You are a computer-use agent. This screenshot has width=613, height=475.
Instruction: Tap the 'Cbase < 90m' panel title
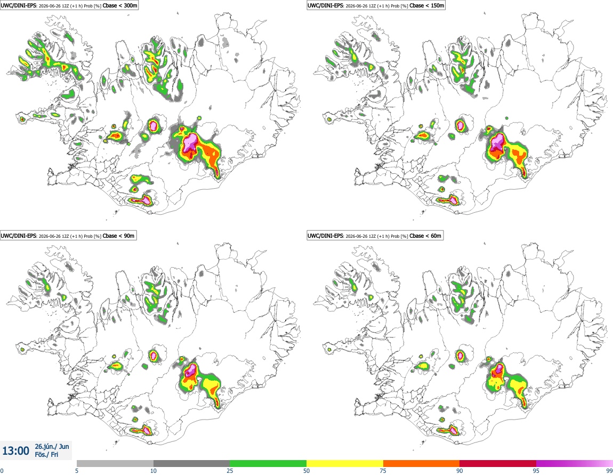tap(118, 236)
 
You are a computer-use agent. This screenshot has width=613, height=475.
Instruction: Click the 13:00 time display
tap(15, 451)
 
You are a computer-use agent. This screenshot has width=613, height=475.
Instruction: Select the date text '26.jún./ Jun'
tap(52, 446)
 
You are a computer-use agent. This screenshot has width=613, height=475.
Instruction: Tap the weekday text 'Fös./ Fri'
tap(46, 455)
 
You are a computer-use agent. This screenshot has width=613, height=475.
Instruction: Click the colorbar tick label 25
tap(230, 471)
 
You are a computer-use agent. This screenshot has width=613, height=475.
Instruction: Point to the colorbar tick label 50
tap(307, 471)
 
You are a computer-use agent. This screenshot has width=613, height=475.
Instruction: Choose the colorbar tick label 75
tap(383, 471)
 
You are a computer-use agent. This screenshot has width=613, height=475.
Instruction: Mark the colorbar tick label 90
tap(459, 471)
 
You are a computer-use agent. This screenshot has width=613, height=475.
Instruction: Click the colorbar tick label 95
tap(536, 471)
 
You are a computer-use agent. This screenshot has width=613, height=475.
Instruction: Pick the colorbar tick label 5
tap(77, 471)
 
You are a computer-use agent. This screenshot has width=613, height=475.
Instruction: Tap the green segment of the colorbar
tap(268, 463)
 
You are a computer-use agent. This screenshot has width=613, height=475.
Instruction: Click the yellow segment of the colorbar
tap(345, 463)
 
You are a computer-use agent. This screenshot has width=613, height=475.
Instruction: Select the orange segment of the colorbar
tap(422, 463)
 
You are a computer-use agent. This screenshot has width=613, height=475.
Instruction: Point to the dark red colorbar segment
tap(498, 463)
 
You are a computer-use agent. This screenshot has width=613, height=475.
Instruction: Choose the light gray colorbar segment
tap(115, 463)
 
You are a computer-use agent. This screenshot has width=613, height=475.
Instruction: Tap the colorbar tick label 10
tap(154, 471)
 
